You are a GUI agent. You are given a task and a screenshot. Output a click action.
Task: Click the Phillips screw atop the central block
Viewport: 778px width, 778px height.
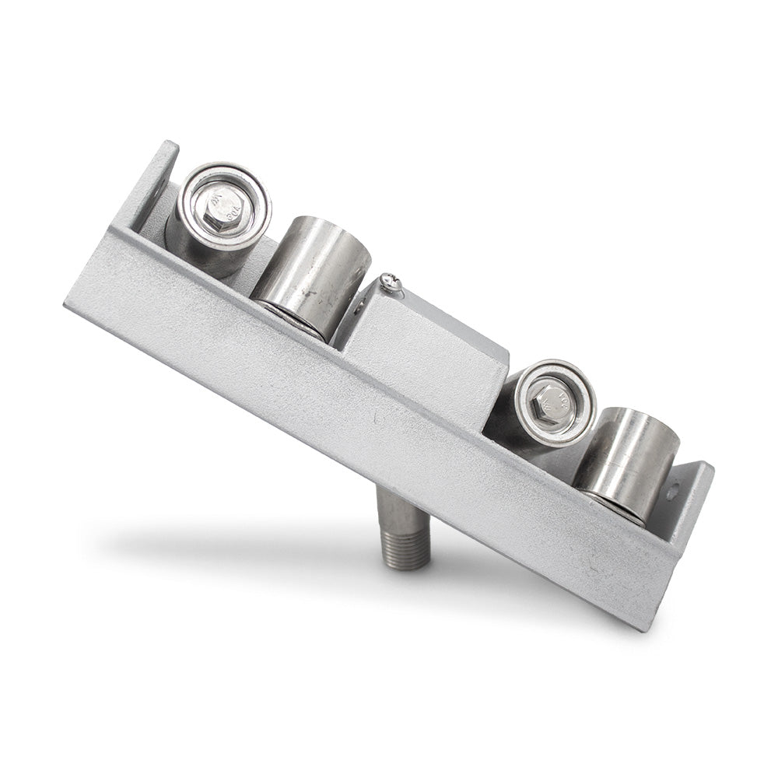click(x=391, y=283)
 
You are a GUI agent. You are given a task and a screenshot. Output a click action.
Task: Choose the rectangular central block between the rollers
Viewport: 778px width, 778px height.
click(x=424, y=350)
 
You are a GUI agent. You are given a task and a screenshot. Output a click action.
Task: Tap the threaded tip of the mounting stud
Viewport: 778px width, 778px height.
click(x=406, y=548)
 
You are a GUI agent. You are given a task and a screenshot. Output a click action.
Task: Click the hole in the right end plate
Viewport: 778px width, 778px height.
click(x=673, y=492)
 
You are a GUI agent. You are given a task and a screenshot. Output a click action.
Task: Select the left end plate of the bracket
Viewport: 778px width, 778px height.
click(x=152, y=187)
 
